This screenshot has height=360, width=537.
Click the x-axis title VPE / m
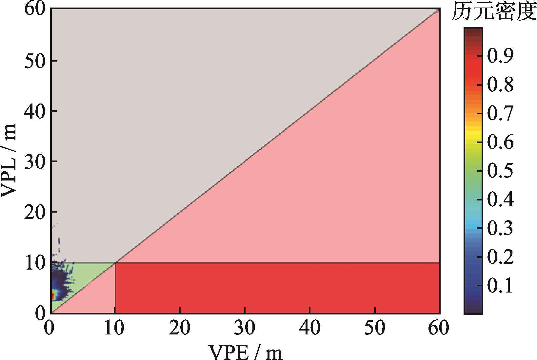(x=246, y=351)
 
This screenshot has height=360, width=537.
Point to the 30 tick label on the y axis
(x=35, y=161)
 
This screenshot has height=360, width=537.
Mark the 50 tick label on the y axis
(x=35, y=61)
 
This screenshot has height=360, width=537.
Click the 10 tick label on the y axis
(x=35, y=262)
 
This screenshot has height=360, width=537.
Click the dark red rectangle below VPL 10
(x=277, y=288)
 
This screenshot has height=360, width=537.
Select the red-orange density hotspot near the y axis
(x=53, y=295)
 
